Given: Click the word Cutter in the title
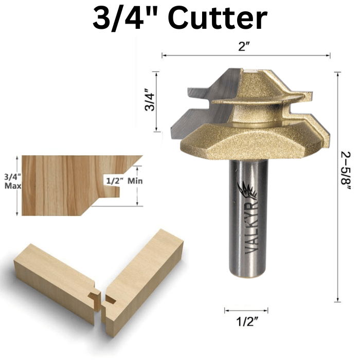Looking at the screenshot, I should click(x=217, y=19).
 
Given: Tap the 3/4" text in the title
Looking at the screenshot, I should click(x=119, y=19).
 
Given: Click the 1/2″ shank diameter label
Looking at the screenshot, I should click(x=246, y=322).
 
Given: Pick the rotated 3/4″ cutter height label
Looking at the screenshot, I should click(x=149, y=101).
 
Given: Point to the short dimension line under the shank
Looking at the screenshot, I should click(x=246, y=310).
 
